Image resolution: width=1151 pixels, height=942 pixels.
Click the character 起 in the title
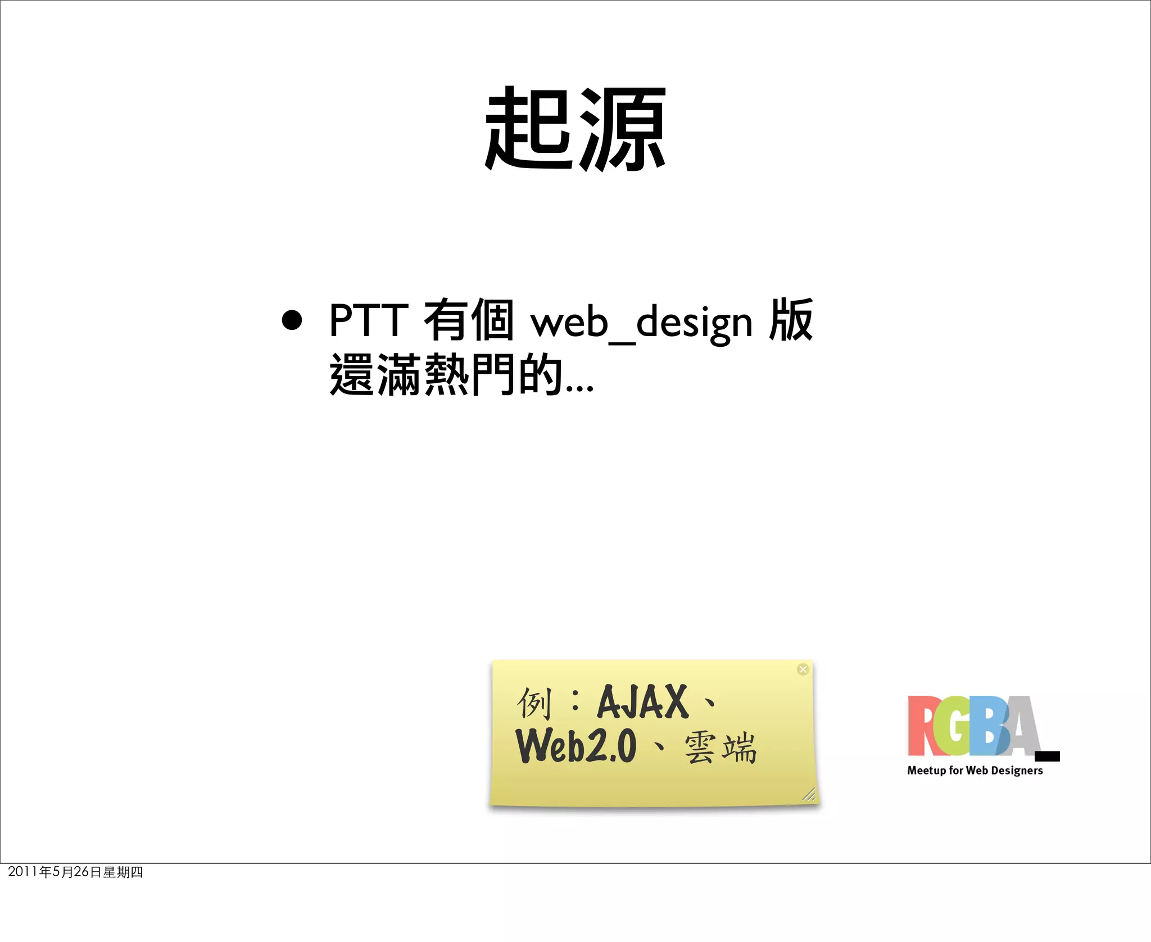(x=529, y=129)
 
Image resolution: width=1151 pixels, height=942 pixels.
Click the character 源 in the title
(x=623, y=129)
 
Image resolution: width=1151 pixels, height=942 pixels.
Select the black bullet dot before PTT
(x=292, y=320)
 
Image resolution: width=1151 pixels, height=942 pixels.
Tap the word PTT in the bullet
(x=368, y=320)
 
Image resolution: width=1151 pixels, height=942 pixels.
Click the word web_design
(x=641, y=323)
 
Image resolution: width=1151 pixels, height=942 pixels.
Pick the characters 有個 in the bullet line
(x=469, y=320)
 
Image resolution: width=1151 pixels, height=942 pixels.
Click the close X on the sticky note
(x=803, y=669)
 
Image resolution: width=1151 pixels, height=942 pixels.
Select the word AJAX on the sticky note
(x=642, y=703)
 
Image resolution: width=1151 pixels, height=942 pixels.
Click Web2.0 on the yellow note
(x=576, y=746)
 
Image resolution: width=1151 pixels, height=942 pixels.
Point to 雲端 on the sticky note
(x=720, y=748)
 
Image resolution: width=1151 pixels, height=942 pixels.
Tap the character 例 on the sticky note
(x=533, y=703)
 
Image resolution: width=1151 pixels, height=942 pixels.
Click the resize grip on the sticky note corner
(x=809, y=794)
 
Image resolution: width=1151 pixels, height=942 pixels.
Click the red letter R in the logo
(x=922, y=726)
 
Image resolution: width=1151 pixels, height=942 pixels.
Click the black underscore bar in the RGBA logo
(x=1048, y=756)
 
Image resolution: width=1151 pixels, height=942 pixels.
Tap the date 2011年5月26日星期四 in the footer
(x=75, y=872)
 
